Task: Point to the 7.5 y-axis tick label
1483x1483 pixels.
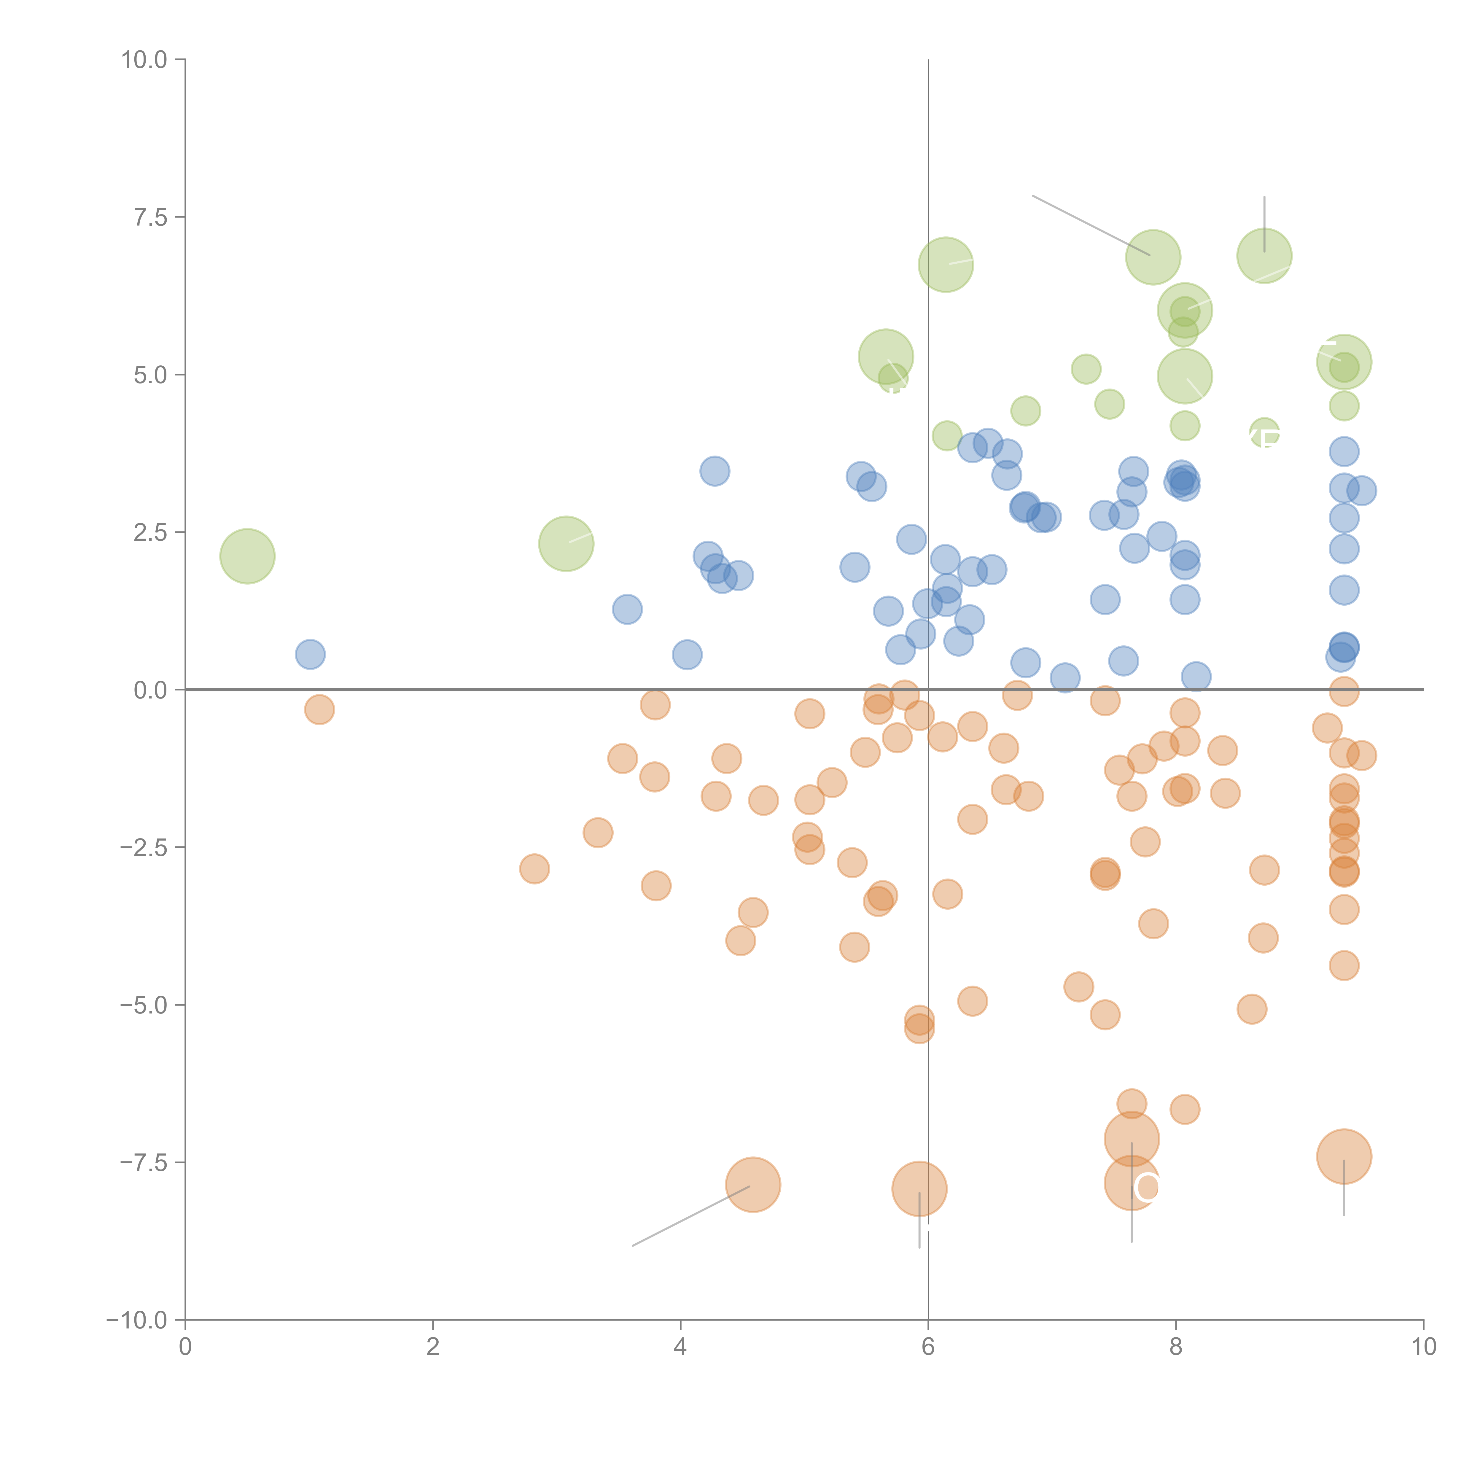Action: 150,217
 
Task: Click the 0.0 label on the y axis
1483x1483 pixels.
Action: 150,690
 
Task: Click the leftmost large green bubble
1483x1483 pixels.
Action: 247,556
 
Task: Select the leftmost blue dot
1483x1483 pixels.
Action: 310,654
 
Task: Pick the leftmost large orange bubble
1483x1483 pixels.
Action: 753,1184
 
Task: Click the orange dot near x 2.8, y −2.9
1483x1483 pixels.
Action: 534,869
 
